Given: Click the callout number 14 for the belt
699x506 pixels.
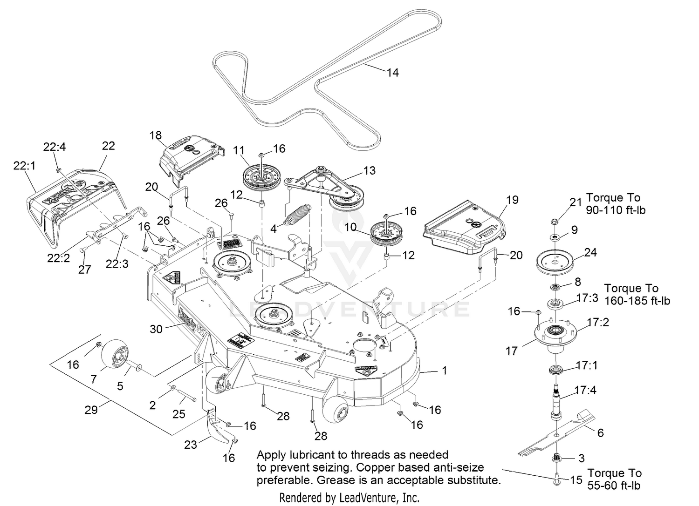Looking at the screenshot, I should (x=392, y=73).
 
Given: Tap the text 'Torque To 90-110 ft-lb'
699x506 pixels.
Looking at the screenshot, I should (x=616, y=204).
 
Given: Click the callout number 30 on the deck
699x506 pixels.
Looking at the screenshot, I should (x=156, y=329).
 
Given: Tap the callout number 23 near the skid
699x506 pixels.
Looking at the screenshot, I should (x=190, y=445).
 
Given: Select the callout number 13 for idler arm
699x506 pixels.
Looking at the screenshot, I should (x=369, y=171).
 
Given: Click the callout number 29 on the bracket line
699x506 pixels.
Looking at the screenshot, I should (x=91, y=410).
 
